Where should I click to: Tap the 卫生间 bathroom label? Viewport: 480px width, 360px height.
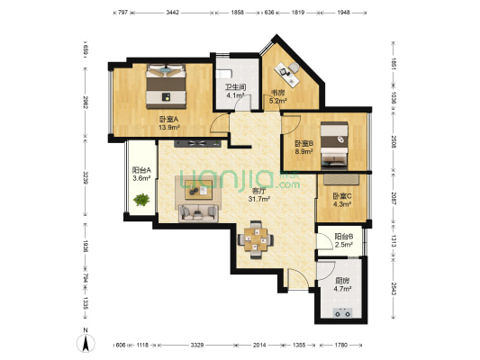pos(236,86)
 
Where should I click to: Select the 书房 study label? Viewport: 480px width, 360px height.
pos(278,94)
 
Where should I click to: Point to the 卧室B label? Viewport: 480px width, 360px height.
pos(303,143)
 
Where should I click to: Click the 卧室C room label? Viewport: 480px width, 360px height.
pos(341,196)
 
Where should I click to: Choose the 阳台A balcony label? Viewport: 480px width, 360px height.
pos(141,170)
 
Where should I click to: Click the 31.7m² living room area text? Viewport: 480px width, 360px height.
pos(262,199)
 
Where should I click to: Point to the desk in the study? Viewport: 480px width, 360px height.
pos(288,69)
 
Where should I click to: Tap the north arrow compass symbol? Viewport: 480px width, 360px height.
pos(85,343)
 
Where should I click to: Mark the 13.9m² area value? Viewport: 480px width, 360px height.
pos(168,128)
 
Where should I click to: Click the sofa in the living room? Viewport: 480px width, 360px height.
pos(195,212)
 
